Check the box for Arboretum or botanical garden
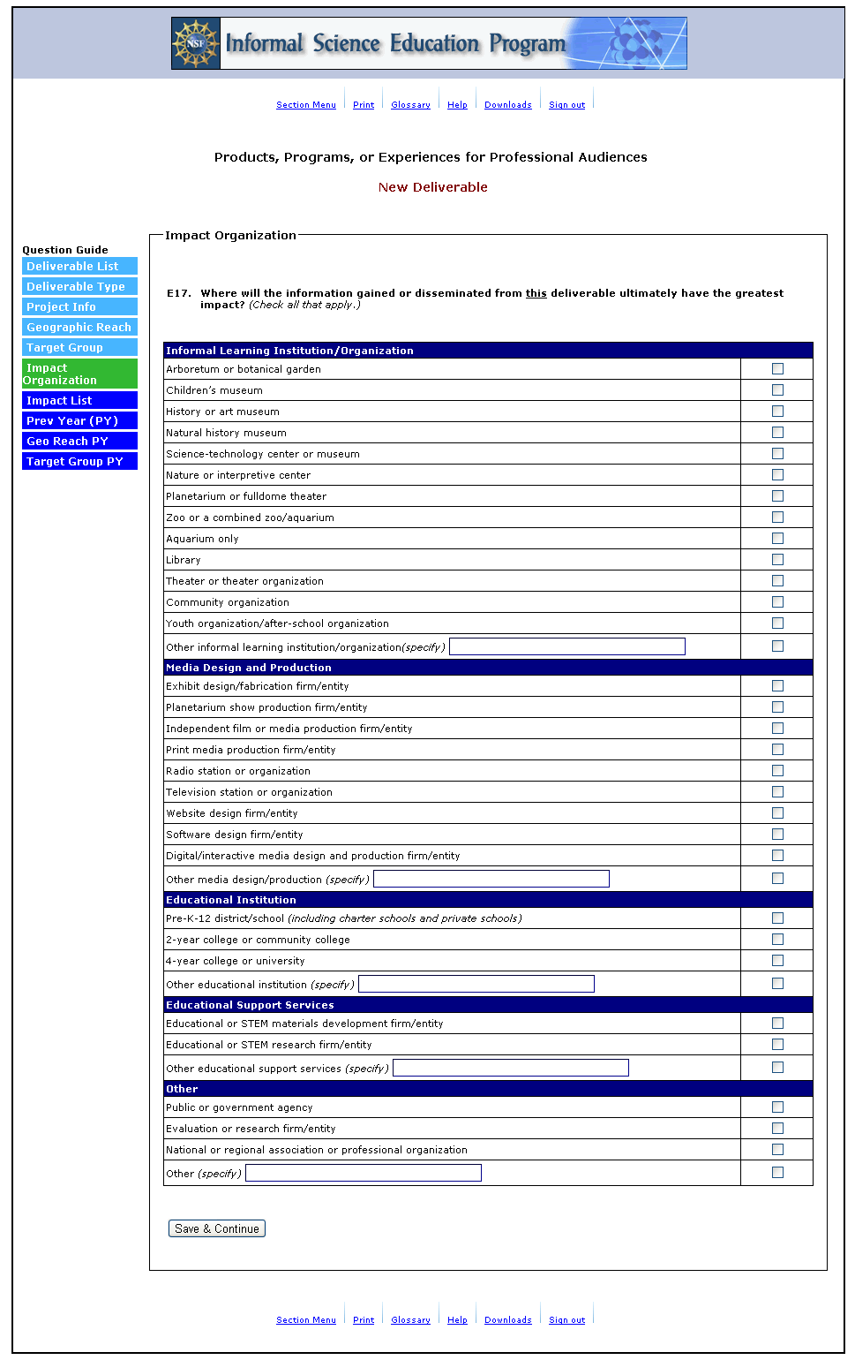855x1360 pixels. point(777,369)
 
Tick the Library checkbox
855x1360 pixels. point(777,560)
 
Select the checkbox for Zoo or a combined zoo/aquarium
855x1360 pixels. point(777,518)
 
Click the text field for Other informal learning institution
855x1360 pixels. point(566,646)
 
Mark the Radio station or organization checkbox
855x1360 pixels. point(777,771)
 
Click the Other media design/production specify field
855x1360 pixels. point(491,879)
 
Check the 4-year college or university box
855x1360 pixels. point(777,961)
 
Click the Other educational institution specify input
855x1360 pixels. point(476,984)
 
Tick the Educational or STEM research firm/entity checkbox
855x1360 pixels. point(777,1045)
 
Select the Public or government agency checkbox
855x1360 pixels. point(777,1107)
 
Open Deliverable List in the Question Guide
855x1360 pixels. point(79,267)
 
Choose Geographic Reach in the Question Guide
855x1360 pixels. point(79,328)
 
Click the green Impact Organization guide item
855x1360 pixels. point(79,374)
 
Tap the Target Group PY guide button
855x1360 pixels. point(79,462)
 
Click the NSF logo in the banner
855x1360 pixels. point(196,43)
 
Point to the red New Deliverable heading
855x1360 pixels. point(432,187)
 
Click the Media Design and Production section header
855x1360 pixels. point(249,668)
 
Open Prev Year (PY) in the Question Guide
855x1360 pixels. point(79,421)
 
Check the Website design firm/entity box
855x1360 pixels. point(777,813)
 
